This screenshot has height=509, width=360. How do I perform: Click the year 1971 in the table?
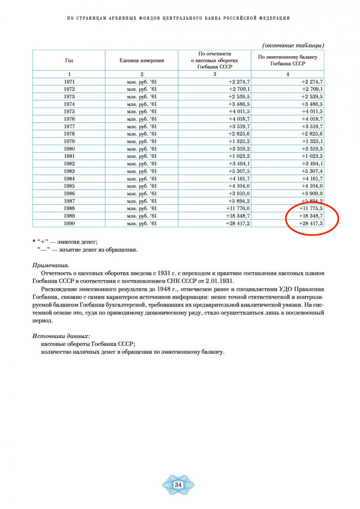tap(69, 82)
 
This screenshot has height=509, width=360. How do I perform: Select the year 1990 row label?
tap(69, 223)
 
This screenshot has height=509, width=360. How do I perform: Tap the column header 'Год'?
tap(69, 60)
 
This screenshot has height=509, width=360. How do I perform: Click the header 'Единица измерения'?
tap(142, 60)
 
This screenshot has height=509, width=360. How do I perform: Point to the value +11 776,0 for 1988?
tap(238, 208)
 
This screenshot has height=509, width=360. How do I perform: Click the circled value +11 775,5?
tap(311, 208)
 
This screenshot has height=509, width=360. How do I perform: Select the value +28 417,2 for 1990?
tap(238, 223)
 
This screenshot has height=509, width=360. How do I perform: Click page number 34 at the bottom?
tap(178, 485)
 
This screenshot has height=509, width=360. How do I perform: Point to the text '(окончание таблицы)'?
tap(293, 45)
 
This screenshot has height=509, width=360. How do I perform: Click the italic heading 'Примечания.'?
tap(51, 265)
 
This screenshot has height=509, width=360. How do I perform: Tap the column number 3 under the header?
tap(215, 74)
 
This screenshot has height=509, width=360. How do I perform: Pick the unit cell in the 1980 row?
tap(142, 149)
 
